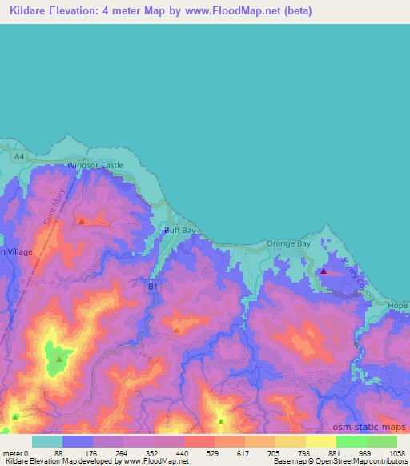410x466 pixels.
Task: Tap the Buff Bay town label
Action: coord(179,230)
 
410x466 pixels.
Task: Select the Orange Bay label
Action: coord(288,243)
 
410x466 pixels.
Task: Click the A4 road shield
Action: coord(19,156)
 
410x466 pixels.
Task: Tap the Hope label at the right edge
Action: coord(398,306)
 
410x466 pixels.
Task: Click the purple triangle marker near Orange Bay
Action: coord(323,271)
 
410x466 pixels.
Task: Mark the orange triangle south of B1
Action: coord(177,328)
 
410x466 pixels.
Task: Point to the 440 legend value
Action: coord(183,452)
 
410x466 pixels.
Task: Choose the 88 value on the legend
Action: coord(58,452)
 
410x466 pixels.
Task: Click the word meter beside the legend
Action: coord(11,452)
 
